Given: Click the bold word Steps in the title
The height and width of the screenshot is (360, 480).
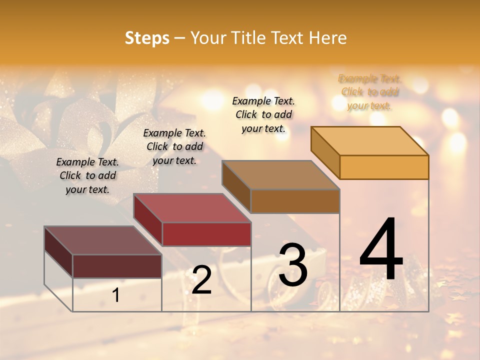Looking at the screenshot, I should [x=147, y=38].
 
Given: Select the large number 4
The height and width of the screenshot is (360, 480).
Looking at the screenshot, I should [x=381, y=250].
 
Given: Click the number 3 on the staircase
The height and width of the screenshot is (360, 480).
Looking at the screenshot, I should [x=293, y=265].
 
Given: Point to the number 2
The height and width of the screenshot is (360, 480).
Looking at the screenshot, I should [x=202, y=280].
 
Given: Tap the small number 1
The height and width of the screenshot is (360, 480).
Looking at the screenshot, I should [x=116, y=295].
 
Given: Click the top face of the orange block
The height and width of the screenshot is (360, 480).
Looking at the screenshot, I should [x=370, y=141].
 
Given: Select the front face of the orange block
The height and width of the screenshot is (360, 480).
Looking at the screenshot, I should [x=384, y=167].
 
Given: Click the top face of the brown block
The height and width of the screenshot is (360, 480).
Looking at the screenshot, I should [x=281, y=175].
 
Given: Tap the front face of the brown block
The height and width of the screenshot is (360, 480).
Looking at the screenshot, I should [x=295, y=201].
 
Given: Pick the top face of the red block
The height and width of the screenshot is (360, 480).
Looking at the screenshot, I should [x=192, y=208].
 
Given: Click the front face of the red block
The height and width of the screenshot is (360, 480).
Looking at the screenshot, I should [x=206, y=234].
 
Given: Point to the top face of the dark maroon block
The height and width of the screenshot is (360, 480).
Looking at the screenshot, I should [x=103, y=240].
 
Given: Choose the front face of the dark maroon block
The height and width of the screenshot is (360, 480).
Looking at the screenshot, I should [x=117, y=266].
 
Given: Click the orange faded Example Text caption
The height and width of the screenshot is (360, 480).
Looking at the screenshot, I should [x=370, y=92].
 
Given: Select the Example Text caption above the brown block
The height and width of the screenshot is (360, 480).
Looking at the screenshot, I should [x=263, y=114].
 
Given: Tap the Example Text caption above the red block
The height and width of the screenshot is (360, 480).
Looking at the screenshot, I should [x=174, y=146].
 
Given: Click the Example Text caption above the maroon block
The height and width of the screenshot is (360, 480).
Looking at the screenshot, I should [x=87, y=175].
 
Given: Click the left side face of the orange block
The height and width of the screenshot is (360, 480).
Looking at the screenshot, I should [x=325, y=152].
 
